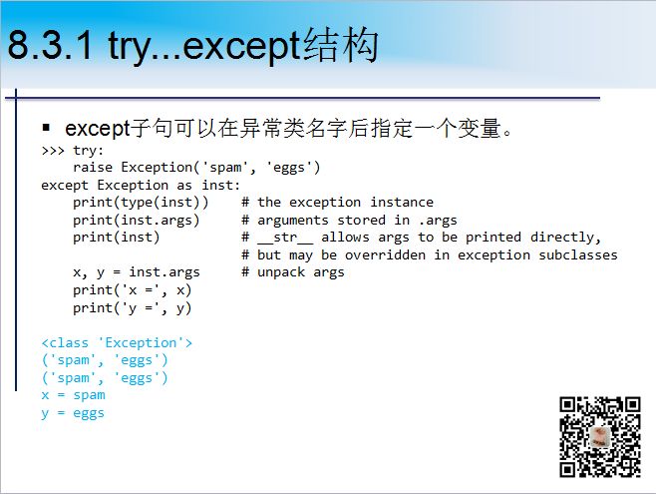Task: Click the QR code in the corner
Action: point(598,436)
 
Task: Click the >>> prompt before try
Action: point(52,151)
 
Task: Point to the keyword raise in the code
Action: point(92,167)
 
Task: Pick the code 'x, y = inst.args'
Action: point(136,271)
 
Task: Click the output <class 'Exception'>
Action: point(117,342)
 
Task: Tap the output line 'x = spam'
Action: point(73,395)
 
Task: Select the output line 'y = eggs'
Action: point(73,412)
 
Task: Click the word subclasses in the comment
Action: point(577,254)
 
